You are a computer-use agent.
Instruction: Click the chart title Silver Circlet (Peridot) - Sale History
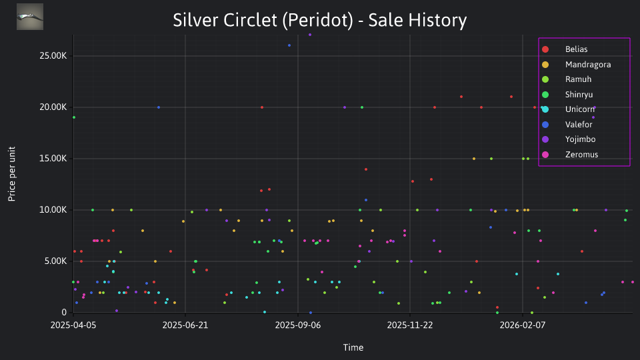(319, 21)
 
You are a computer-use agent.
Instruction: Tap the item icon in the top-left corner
(30, 17)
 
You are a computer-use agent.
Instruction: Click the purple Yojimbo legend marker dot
(545, 139)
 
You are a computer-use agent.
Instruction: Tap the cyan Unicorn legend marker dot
(545, 109)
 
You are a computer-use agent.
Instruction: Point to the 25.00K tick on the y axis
(53, 56)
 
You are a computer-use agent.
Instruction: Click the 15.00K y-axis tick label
(53, 159)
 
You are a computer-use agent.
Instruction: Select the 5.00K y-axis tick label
(55, 261)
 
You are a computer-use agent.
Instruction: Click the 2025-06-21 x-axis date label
(185, 325)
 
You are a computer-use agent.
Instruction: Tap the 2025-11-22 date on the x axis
(410, 325)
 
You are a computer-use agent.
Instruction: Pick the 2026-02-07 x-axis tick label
(523, 325)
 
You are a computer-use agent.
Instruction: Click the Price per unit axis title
(12, 174)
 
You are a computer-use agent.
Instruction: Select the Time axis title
(353, 348)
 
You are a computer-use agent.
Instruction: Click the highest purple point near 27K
(310, 35)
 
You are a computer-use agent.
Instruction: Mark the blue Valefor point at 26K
(289, 46)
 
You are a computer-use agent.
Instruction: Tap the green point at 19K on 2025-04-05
(74, 117)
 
